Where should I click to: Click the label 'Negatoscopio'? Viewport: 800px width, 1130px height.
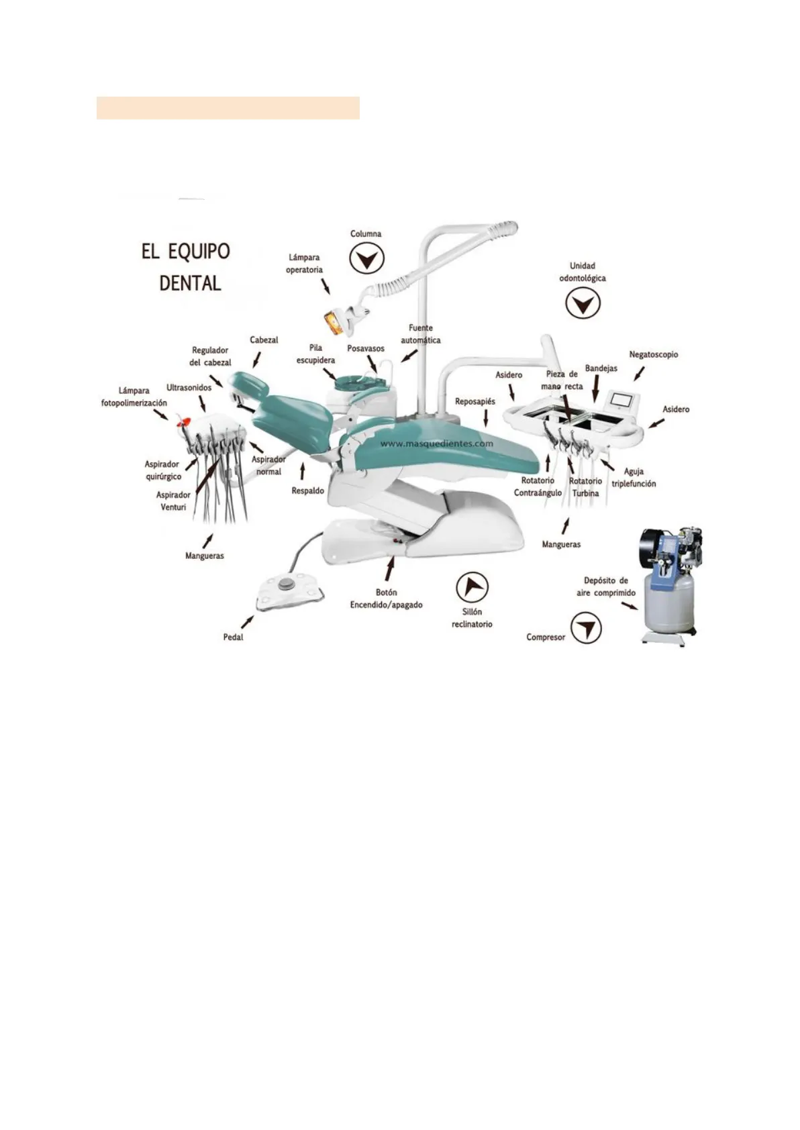coord(653,355)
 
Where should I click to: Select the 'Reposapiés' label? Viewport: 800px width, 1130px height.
coord(474,401)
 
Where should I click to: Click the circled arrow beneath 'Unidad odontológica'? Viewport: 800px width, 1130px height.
coord(583,303)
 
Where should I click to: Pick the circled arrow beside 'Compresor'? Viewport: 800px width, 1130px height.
coord(586,628)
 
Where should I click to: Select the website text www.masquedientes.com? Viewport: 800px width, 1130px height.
coord(436,444)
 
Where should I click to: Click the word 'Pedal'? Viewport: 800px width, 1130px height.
coord(233,637)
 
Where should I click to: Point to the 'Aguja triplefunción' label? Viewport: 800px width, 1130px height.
coord(634,478)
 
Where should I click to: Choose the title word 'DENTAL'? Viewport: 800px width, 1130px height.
coord(190,284)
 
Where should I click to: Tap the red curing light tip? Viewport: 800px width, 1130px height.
coord(183,421)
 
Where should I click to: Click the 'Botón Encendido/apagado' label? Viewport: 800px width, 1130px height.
coord(387,599)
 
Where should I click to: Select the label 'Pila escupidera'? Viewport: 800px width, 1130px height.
coord(315,354)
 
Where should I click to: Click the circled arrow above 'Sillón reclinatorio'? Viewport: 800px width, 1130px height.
coord(472,588)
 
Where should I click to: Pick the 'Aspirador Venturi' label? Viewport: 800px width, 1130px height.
coord(173,501)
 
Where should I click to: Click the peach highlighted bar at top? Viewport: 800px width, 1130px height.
coord(228,108)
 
